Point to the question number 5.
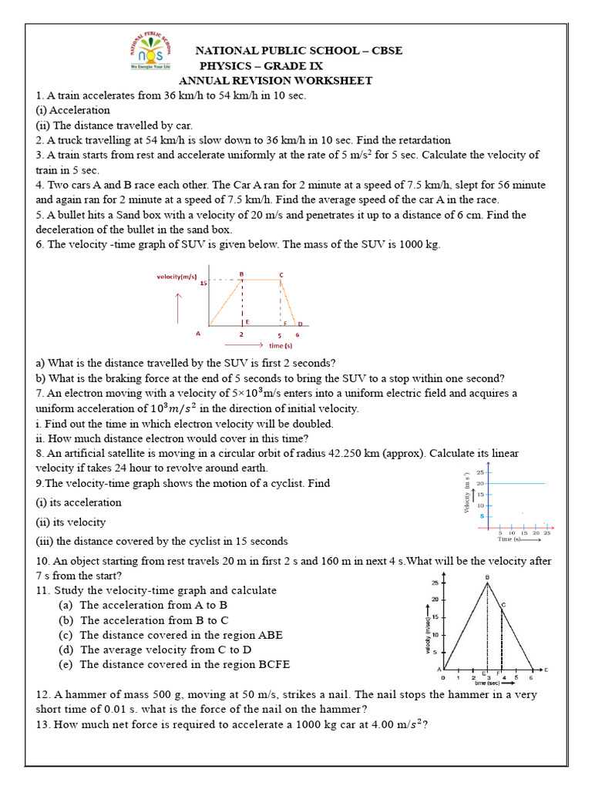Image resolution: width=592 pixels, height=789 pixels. pos(39,215)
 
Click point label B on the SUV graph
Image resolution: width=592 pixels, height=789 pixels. pos(241,274)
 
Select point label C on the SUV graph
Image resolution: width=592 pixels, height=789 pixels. pos(281,274)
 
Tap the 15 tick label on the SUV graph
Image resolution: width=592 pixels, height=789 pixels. pos(203,283)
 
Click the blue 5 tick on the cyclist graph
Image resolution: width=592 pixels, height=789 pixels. pos(483,516)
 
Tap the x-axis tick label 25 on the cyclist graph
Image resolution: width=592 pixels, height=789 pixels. pos(547,532)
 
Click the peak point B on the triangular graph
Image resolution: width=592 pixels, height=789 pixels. pos(487,577)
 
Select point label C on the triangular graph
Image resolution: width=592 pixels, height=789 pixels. pos(503,605)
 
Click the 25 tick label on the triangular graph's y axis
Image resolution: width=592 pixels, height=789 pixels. pos(436,583)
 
